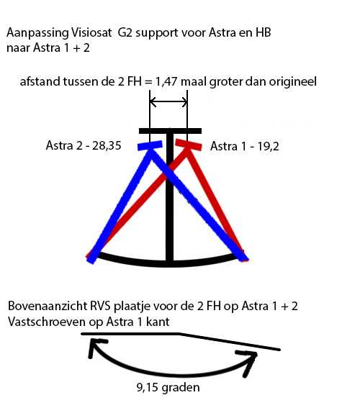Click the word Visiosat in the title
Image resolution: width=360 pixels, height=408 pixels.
91,33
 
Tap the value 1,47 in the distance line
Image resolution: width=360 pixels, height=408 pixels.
166,82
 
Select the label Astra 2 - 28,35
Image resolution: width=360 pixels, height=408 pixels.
84,145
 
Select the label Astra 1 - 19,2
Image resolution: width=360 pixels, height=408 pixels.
245,146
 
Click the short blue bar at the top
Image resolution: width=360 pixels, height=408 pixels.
150,145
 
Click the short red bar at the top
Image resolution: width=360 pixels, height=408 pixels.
189,145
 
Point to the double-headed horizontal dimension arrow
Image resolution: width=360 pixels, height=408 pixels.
168,102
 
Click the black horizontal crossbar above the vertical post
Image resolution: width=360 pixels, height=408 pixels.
170,131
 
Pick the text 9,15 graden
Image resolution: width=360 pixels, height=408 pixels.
168,388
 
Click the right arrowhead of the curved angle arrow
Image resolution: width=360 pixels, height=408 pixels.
248,361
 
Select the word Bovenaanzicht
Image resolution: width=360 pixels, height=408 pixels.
48,307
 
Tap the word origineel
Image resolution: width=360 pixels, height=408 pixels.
292,82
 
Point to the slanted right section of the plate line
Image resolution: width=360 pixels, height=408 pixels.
230,341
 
